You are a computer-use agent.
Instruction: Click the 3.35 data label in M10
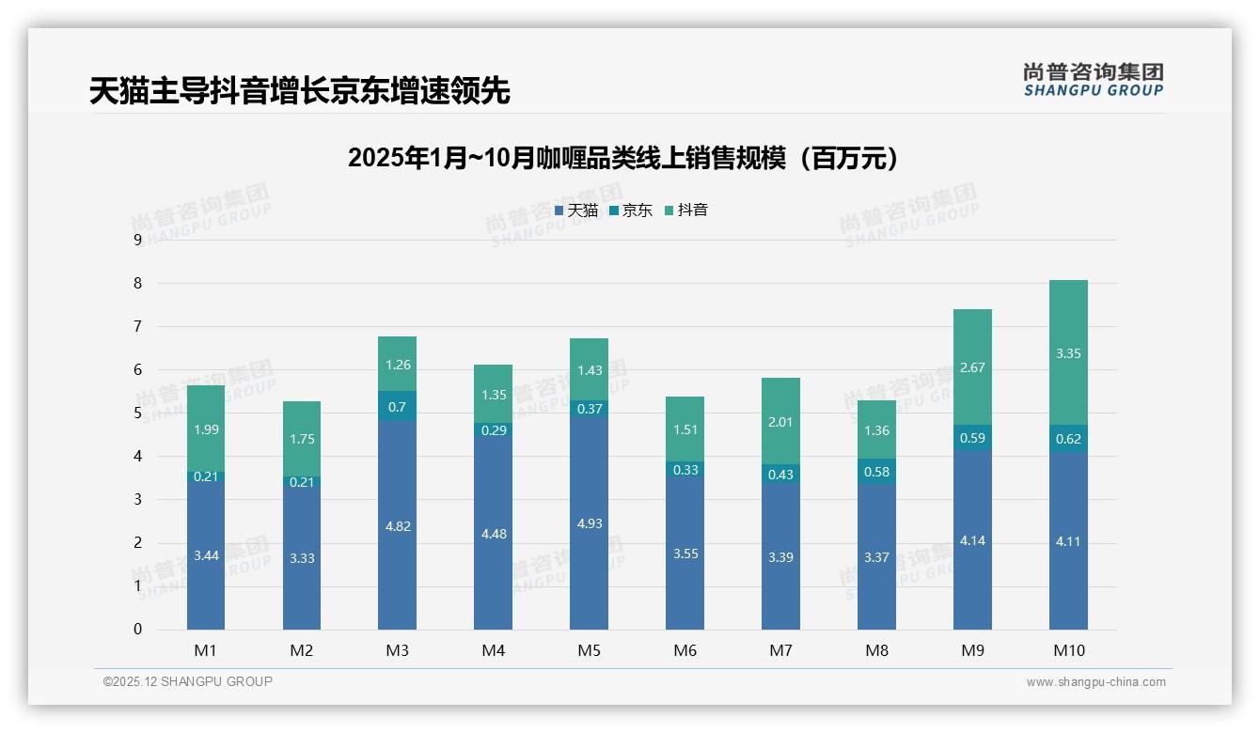coord(1068,353)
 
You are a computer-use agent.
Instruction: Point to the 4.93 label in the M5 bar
coord(590,523)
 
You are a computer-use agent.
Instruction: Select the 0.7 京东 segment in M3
coord(397,407)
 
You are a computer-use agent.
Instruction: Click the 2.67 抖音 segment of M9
coord(972,367)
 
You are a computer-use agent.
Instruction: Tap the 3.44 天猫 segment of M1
coord(206,555)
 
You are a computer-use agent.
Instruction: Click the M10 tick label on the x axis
coord(1068,650)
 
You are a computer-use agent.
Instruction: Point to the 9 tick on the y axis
coord(137,240)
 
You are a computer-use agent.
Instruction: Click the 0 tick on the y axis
coord(137,630)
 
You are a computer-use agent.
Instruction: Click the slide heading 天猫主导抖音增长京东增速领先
coord(299,91)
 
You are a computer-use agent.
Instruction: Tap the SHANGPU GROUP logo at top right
coord(1093,80)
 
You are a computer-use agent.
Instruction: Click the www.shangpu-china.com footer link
coord(1095,682)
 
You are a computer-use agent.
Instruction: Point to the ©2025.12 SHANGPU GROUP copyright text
coord(188,682)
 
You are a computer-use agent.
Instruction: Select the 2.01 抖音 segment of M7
coord(780,422)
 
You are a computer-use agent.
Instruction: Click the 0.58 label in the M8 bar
coord(876,472)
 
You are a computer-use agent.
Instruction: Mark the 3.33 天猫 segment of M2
coord(301,558)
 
